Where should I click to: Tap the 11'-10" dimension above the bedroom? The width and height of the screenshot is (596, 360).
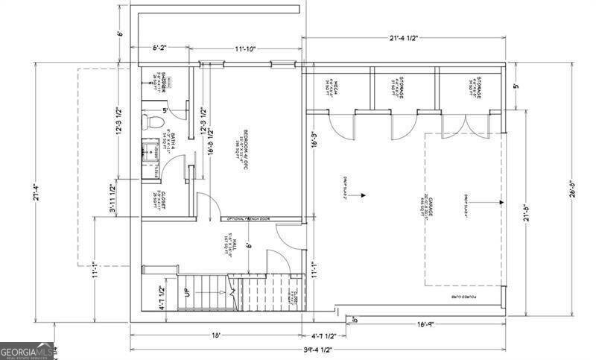pyautogui.click(x=245, y=48)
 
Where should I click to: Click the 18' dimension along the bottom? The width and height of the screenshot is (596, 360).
pyautogui.click(x=215, y=336)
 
